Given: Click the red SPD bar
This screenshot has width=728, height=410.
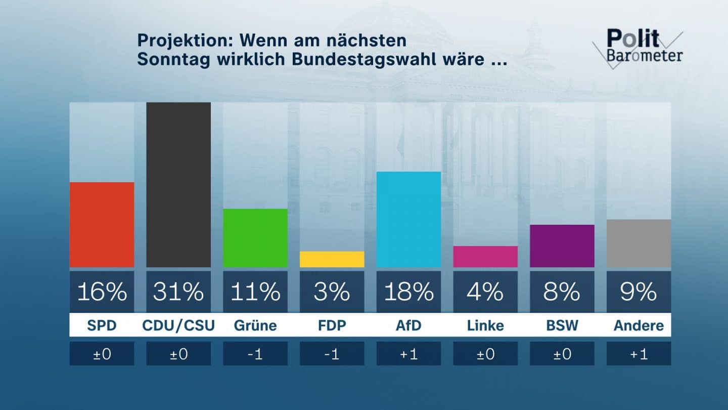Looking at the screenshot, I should pos(102,225).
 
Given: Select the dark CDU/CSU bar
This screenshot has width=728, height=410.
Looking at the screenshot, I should pos(178,185).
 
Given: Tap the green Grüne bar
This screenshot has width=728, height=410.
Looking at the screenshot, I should pos(255,238).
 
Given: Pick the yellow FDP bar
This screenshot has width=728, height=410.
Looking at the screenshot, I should pos(332,259).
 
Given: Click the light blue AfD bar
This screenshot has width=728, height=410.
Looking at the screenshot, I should pos(408,219).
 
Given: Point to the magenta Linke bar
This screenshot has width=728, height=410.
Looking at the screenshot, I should pos(485,257).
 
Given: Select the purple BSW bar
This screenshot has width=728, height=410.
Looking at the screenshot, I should pos(562,246).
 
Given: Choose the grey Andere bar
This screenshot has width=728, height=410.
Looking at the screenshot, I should pos(639,243).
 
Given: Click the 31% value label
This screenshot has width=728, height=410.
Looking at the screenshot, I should pos(178,292).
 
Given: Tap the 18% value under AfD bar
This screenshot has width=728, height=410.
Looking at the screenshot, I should pos(408,292).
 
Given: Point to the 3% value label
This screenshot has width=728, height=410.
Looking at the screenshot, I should pos(332,292).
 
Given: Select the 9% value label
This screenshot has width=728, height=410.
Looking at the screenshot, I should pos(639,292).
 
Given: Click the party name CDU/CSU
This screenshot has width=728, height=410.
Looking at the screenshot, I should pos(178,325).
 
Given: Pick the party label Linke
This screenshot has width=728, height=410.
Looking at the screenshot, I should pos(485,325).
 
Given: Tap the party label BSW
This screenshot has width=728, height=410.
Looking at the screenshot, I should pos(562,325).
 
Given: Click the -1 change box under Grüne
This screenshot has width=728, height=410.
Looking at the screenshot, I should pos(255,354).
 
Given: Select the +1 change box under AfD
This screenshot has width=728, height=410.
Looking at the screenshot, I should pos(408,354).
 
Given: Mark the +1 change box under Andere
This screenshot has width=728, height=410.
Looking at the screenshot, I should pos(639,354).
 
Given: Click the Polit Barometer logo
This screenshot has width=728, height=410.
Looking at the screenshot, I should pos(640,47).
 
